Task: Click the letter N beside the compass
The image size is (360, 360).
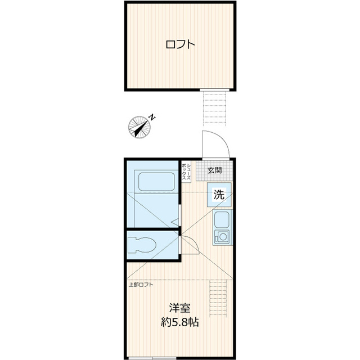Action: point(152,117)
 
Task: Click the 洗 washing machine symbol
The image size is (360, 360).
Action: point(219,195)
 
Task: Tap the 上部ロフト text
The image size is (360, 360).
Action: point(141,284)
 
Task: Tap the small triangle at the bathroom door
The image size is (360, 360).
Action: point(175,220)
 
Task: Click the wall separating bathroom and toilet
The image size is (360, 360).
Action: point(152,229)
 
